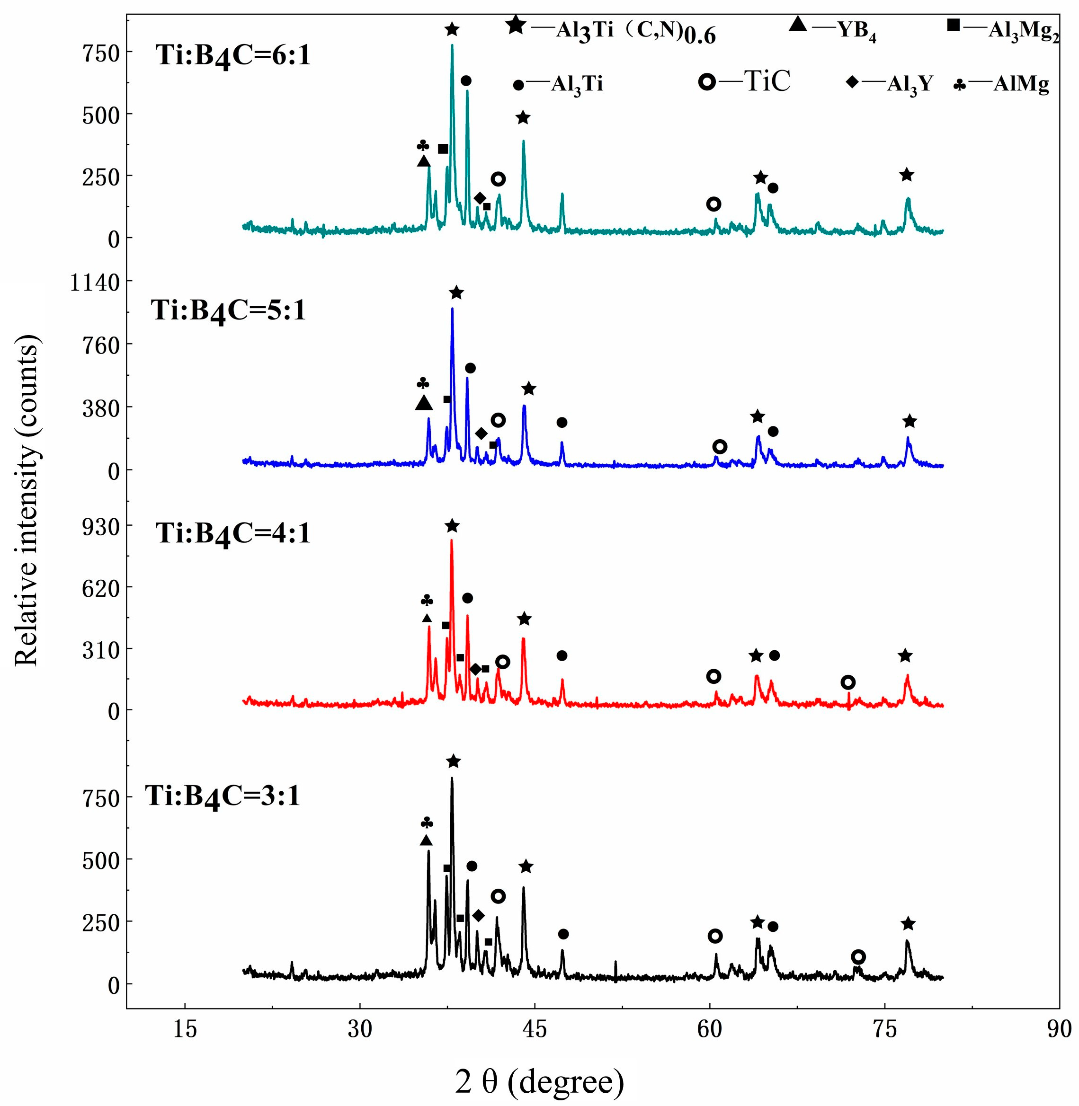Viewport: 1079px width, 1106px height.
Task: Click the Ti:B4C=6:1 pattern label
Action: pyautogui.click(x=233, y=57)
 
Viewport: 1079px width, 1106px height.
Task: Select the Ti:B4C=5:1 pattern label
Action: pyautogui.click(x=228, y=311)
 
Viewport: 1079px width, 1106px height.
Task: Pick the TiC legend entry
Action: pyautogui.click(x=745, y=81)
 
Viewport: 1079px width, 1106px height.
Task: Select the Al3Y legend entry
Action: pyautogui.click(x=889, y=83)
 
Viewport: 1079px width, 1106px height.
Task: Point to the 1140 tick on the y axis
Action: pyautogui.click(x=95, y=282)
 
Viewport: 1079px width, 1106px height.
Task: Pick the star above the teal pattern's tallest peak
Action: pyautogui.click(x=452, y=29)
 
